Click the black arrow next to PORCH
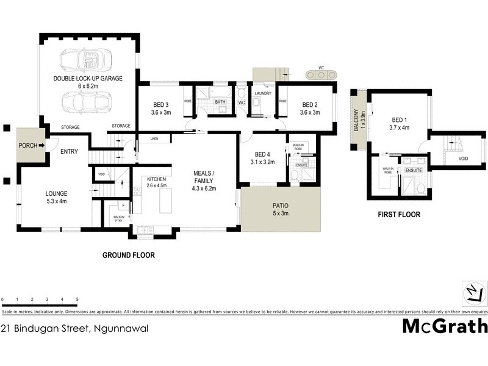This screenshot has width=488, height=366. coord(42,145)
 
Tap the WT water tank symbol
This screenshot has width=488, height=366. coord(321,74)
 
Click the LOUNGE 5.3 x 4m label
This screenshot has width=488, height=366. coord(56,197)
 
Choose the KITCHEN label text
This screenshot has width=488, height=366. coord(156,179)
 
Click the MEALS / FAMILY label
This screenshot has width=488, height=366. coord(205,178)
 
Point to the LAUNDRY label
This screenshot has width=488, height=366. coord(263,93)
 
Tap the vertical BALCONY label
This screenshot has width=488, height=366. coord(356,121)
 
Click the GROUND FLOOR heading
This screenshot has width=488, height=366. coord(128,255)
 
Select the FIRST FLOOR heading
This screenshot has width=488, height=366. coord(400,215)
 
